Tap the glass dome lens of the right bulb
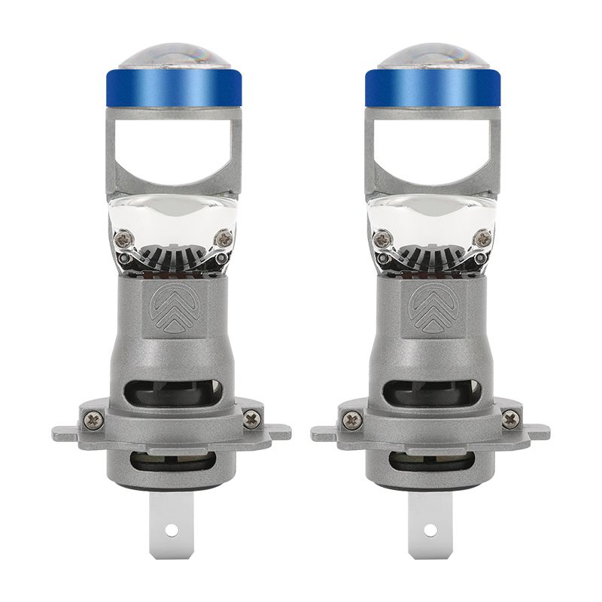432,56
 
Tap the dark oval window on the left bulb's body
172,394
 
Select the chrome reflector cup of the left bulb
172,222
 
